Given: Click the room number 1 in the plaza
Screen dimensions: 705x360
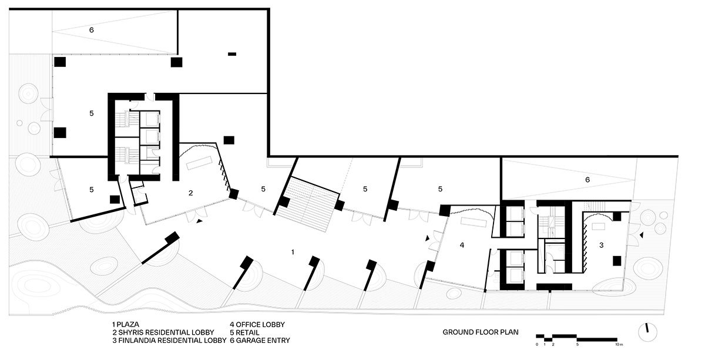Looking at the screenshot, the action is (x=293, y=252).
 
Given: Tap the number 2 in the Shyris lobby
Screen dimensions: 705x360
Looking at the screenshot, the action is (x=191, y=193).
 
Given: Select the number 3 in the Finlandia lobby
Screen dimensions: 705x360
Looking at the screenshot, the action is (x=601, y=245).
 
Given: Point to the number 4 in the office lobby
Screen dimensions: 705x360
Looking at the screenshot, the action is (x=462, y=245).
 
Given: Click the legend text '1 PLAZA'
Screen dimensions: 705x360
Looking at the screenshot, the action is (x=126, y=324).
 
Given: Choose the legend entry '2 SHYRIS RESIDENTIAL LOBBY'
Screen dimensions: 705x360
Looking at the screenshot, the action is (x=163, y=332).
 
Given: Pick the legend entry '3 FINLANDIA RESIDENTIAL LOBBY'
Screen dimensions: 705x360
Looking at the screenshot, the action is (x=169, y=340).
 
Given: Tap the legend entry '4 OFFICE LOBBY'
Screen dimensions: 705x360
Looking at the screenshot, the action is (x=257, y=324).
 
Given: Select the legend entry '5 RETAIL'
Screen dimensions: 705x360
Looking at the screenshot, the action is (x=244, y=332).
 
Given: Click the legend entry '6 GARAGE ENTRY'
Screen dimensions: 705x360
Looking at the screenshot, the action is (x=260, y=340).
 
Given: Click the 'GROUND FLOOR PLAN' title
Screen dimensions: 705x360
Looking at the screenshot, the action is (x=481, y=332).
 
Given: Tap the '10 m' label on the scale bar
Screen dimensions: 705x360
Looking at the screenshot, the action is (x=619, y=345).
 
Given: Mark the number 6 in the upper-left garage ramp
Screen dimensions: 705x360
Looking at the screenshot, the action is (x=91, y=30).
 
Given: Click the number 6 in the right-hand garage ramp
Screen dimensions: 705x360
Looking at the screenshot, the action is (x=587, y=180).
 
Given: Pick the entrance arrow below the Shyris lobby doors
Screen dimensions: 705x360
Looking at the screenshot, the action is (x=199, y=221).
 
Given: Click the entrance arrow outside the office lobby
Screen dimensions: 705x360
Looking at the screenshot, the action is (x=428, y=238).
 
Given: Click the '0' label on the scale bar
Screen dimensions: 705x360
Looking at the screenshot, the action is (x=537, y=345).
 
